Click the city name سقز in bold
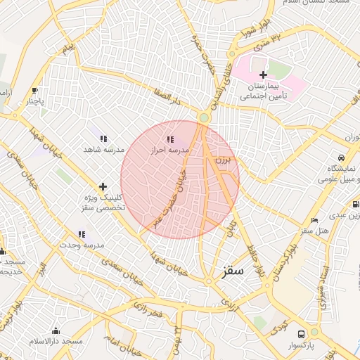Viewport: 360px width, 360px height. pyautogui.click(x=232, y=270)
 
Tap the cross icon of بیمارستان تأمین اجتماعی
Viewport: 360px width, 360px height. pyautogui.click(x=263, y=75)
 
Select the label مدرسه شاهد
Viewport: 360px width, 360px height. pyautogui.click(x=103, y=150)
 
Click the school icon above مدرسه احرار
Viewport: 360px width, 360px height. pyautogui.click(x=169, y=139)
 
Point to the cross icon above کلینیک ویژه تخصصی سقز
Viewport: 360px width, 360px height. pyautogui.click(x=103, y=186)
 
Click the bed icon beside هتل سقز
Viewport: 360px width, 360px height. pyautogui.click(x=314, y=220)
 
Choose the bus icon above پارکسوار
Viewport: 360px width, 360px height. pyautogui.click(x=301, y=334)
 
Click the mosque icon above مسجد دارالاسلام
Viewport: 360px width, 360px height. pyautogui.click(x=56, y=330)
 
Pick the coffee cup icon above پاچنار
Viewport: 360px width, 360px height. pyautogui.click(x=34, y=91)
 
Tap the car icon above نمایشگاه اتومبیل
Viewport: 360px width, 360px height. pyautogui.click(x=340, y=157)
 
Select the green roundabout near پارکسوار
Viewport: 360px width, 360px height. pyautogui.click(x=314, y=331)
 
